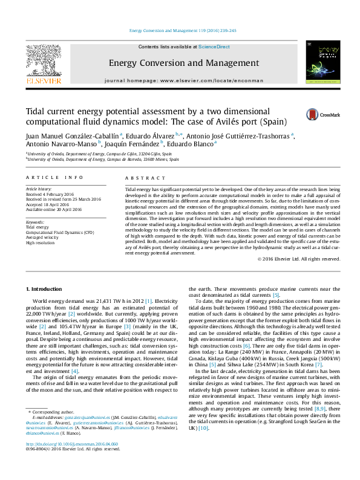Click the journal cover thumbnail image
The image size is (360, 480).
[x=318, y=62]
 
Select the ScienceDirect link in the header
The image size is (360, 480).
[x=214, y=47]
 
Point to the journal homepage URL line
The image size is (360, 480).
[x=184, y=80]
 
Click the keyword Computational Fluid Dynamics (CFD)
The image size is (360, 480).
[x=60, y=232]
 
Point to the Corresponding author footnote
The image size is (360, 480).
[x=52, y=429]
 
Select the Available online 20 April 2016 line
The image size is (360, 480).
[x=53, y=208]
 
